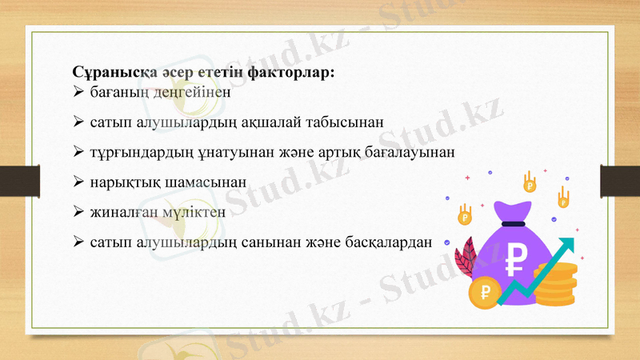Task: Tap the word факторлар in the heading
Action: point(290,73)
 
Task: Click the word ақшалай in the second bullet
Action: point(270,122)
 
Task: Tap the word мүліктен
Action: point(195,212)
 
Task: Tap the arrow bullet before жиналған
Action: point(78,212)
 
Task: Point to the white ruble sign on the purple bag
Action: point(517,258)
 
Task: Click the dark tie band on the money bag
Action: point(515,223)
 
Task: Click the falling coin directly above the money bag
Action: point(529,184)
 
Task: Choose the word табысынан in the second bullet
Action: point(346,122)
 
